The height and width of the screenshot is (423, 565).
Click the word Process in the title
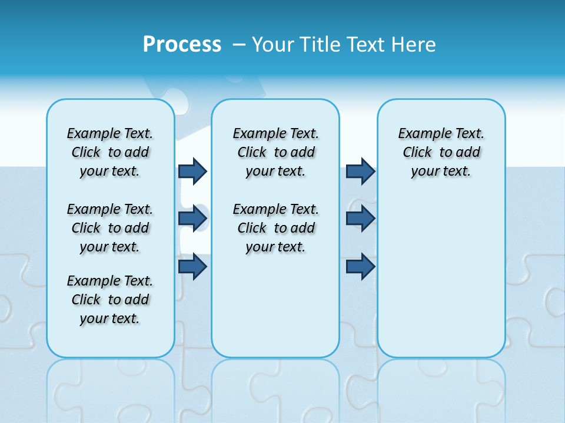(182, 45)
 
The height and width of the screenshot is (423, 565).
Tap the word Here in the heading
(413, 45)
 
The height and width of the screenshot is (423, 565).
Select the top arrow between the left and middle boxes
(192, 171)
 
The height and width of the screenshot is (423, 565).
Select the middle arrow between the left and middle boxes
(192, 219)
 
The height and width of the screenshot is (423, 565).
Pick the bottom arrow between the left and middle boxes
(192, 266)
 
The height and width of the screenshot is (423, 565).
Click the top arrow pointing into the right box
(360, 171)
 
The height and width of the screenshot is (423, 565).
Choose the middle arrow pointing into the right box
(360, 219)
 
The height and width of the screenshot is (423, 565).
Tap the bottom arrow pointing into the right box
(360, 266)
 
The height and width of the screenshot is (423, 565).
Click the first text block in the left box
(110, 152)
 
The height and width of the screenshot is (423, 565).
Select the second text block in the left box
(110, 228)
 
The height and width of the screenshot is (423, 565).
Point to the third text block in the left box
(110, 300)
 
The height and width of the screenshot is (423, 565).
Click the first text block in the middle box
(275, 152)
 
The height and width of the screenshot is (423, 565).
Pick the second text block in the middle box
(275, 228)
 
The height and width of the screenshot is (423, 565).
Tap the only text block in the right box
(441, 152)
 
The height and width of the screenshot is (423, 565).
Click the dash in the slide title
(239, 45)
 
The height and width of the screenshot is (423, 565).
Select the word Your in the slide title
(272, 45)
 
